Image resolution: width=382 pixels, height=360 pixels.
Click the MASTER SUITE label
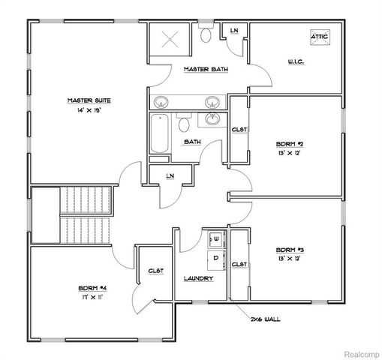pos(84,99)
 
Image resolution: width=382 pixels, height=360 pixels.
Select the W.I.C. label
pos(295,61)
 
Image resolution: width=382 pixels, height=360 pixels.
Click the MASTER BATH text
pos(206,70)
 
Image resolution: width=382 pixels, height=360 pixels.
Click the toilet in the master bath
pos(206,35)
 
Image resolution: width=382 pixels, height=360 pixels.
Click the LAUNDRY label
pos(199,278)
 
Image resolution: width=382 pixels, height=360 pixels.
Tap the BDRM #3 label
pos(289,250)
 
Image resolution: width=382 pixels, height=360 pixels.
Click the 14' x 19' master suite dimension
pos(84,110)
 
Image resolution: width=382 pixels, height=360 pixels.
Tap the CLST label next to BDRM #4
pos(155,271)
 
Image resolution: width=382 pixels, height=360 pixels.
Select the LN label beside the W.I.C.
pos(234,31)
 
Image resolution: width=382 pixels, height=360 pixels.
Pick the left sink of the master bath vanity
pos(161,101)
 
